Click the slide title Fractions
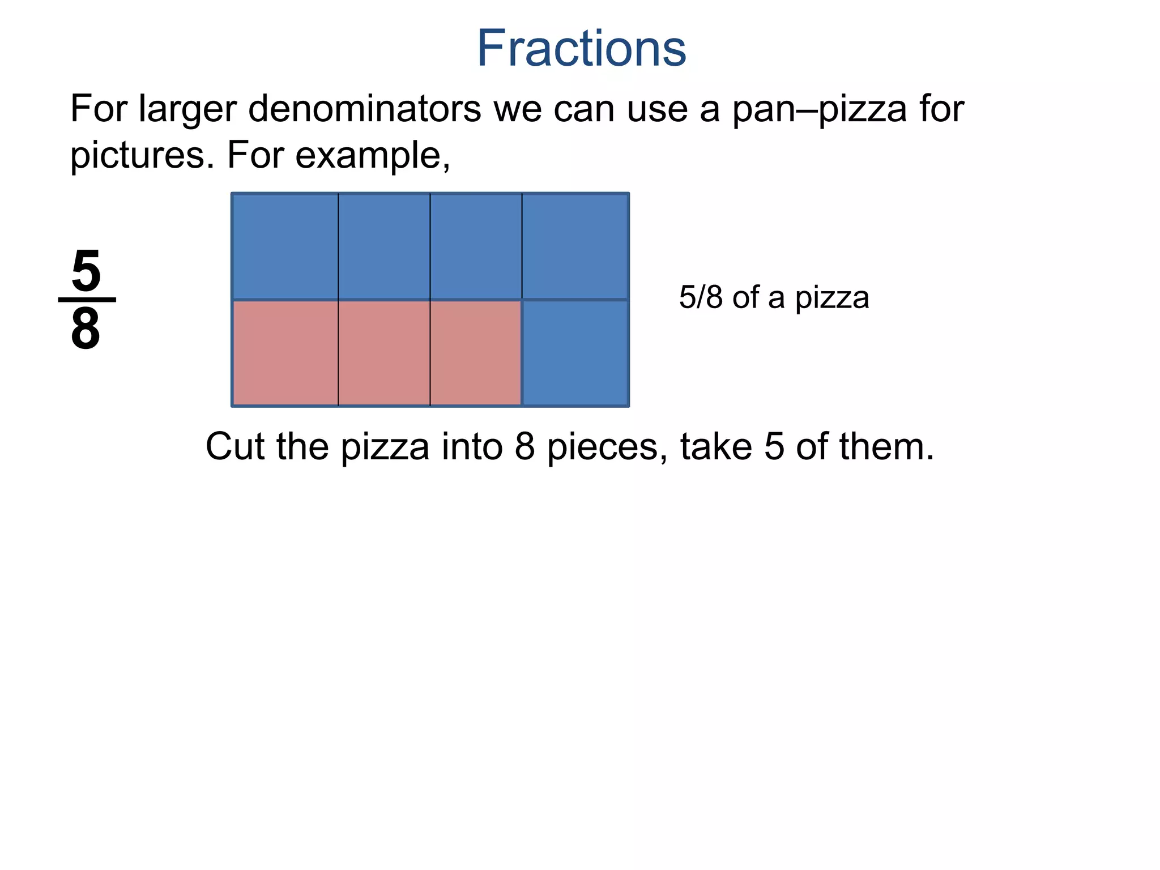(581, 49)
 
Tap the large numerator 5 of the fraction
(86, 271)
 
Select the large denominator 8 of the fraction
(86, 330)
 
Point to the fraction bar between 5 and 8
(87, 300)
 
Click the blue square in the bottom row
(575, 353)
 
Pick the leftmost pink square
(285, 353)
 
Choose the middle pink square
(384, 353)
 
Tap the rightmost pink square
(476, 353)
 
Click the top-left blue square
(285, 246)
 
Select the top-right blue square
(575, 246)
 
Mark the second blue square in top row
(384, 246)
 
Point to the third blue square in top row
(476, 246)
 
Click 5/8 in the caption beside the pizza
(701, 297)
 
